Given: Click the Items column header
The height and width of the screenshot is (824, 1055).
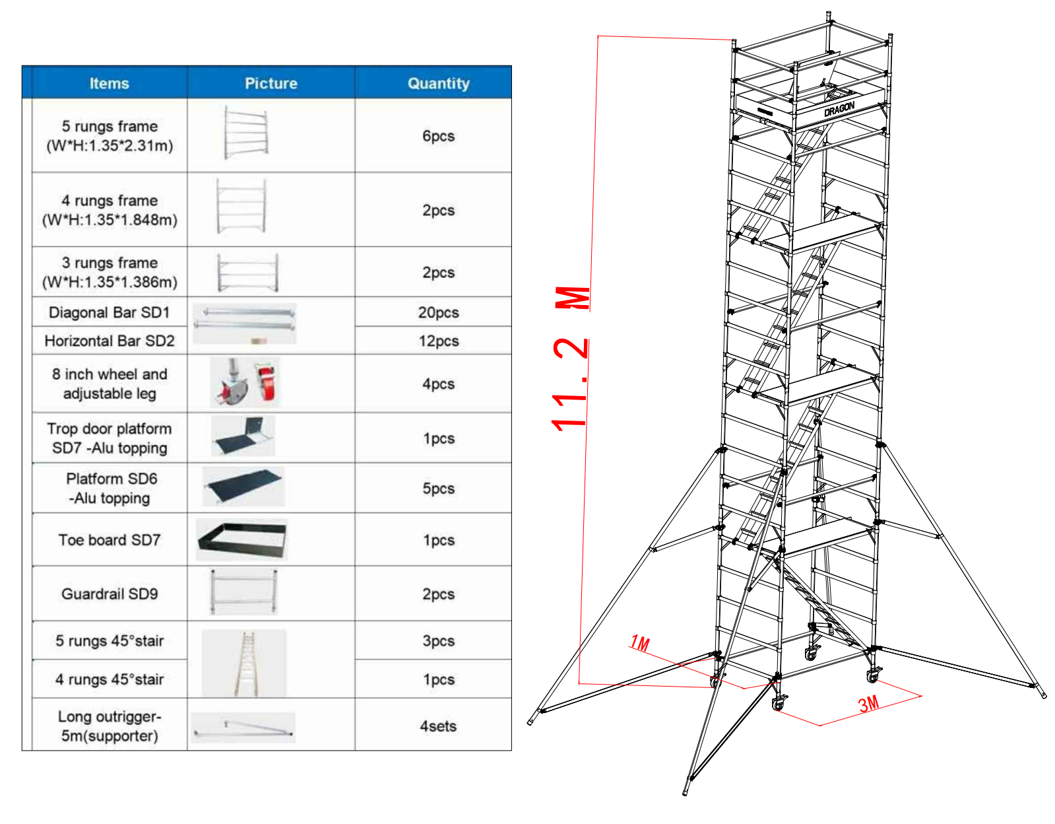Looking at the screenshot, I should (109, 83).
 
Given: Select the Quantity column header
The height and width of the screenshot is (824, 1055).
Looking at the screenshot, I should (438, 83).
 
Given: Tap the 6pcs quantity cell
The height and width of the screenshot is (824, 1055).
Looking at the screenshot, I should (438, 136).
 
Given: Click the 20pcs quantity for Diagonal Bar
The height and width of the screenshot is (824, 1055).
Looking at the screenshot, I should (438, 312).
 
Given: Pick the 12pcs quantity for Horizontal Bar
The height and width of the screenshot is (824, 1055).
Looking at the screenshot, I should (438, 341).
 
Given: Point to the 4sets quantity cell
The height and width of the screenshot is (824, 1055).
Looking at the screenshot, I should (438, 726).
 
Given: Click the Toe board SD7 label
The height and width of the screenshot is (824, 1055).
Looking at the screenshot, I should (109, 540).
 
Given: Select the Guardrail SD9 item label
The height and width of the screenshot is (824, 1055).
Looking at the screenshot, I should (109, 594).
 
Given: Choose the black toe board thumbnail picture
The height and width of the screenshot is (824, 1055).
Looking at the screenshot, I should (242, 539).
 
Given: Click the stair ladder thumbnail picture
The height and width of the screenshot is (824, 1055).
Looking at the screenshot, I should (245, 663).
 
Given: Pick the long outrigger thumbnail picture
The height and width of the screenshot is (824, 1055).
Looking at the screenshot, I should (243, 728).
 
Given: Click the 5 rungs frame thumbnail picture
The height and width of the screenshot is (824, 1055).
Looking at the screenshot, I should (245, 133).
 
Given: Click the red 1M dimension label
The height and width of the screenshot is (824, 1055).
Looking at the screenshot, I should (639, 643).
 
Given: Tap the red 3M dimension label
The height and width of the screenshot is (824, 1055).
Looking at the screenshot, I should (868, 704).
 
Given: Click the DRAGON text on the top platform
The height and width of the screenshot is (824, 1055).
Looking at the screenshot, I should (839, 109).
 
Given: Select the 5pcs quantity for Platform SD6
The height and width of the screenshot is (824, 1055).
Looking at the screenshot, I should (438, 489).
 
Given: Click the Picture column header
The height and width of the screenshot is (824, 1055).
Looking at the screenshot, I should (271, 83).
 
